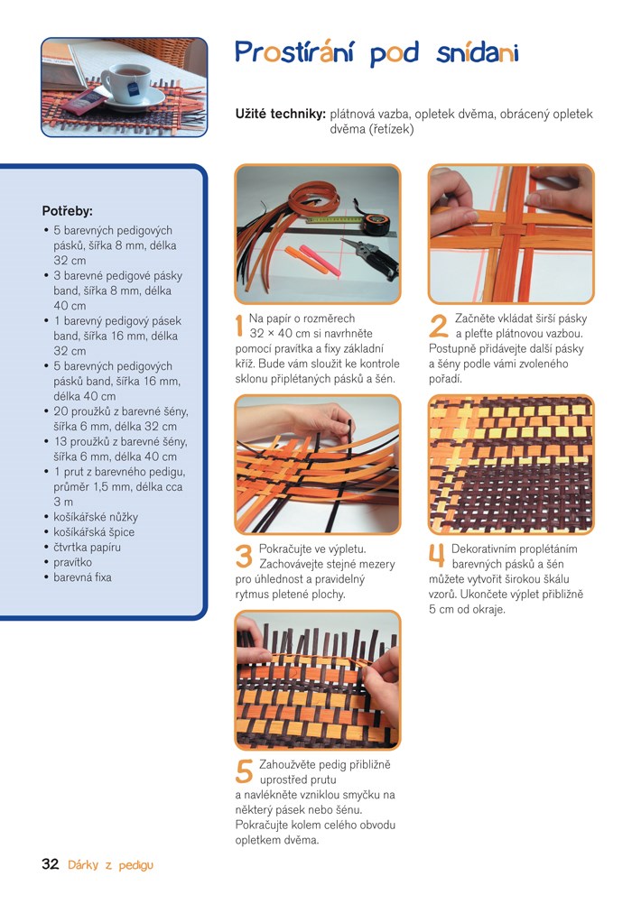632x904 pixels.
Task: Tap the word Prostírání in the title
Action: [x=294, y=53]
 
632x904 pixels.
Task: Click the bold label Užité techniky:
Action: [x=281, y=115]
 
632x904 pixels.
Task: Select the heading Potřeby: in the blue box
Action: [x=67, y=212]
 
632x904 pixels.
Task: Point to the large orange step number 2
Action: [x=438, y=326]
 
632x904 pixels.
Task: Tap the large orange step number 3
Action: [x=244, y=557]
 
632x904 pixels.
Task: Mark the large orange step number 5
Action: [x=244, y=772]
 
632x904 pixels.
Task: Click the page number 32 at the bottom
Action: [x=51, y=863]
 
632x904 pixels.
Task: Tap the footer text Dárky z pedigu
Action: [x=110, y=865]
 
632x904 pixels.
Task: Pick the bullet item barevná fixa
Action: [x=82, y=577]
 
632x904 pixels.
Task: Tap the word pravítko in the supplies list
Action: [x=73, y=562]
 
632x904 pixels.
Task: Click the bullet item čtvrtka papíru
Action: [x=88, y=547]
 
